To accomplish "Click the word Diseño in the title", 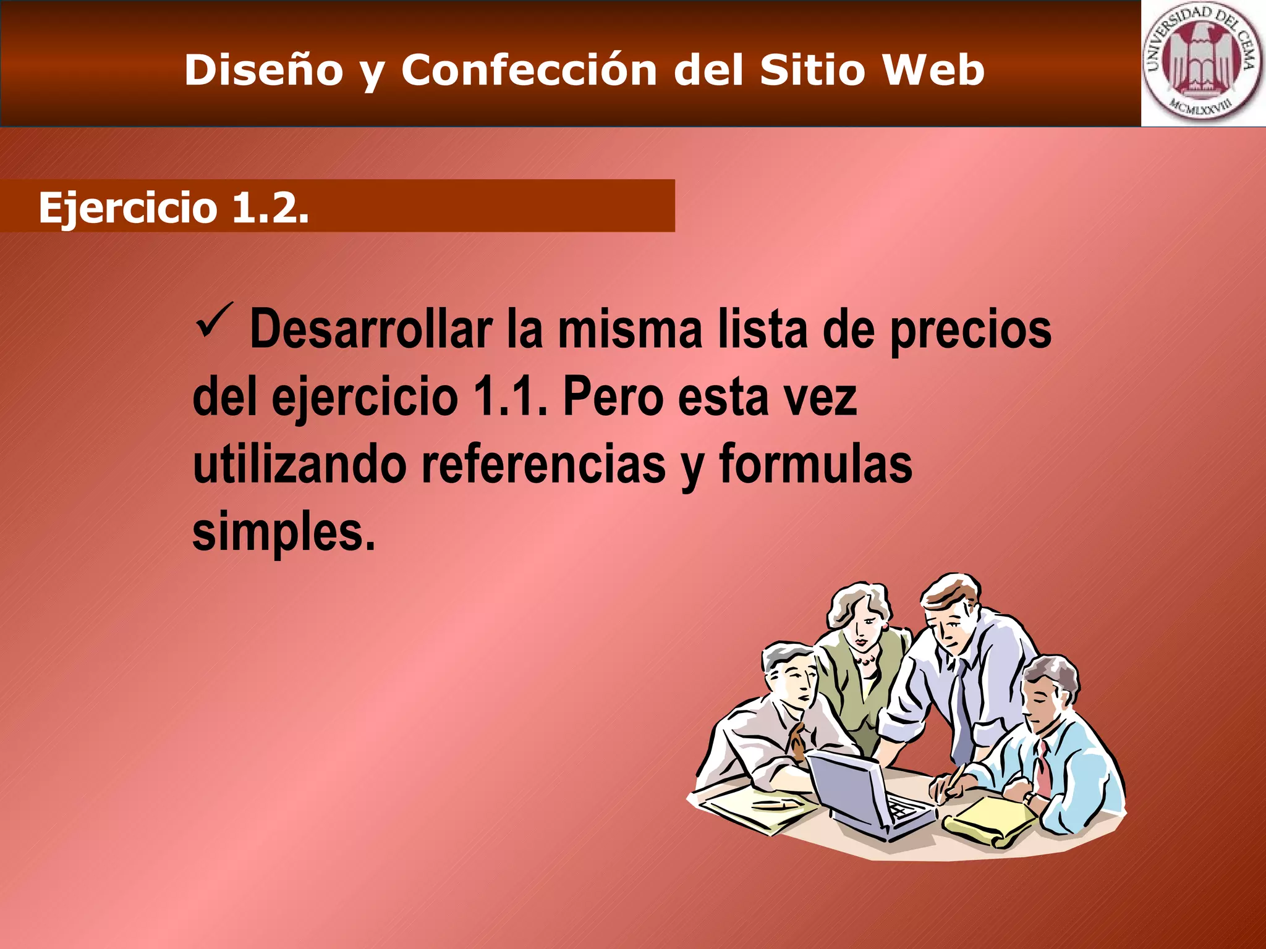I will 263,70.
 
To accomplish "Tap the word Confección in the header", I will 529,70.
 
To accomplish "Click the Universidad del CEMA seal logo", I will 1202,64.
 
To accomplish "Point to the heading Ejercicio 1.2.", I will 174,207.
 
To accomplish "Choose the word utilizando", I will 299,465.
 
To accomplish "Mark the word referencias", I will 543,465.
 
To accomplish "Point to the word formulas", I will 815,465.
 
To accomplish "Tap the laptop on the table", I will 865,794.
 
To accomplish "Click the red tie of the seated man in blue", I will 1043,766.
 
